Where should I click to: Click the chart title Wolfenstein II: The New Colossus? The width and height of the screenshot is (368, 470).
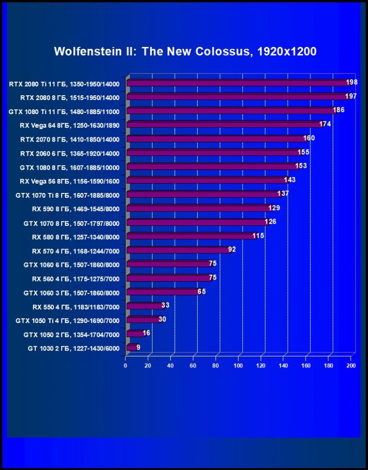point(185,52)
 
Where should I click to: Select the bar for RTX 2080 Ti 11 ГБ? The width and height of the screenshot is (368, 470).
point(237,83)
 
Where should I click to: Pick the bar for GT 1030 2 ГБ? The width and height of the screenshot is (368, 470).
point(132,347)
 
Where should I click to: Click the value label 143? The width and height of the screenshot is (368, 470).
point(290,180)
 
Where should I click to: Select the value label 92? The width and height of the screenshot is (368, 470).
point(233,250)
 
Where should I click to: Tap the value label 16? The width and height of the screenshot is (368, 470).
point(147,333)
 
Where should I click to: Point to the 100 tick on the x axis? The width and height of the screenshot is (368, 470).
point(238,366)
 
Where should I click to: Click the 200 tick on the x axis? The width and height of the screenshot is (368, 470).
point(351,366)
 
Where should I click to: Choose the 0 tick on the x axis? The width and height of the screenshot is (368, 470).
point(125,366)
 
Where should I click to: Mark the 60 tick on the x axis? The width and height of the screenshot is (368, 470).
point(193,366)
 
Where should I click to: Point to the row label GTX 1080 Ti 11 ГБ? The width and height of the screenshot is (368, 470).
point(64,111)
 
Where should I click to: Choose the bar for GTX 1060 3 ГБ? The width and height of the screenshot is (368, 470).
point(163,292)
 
